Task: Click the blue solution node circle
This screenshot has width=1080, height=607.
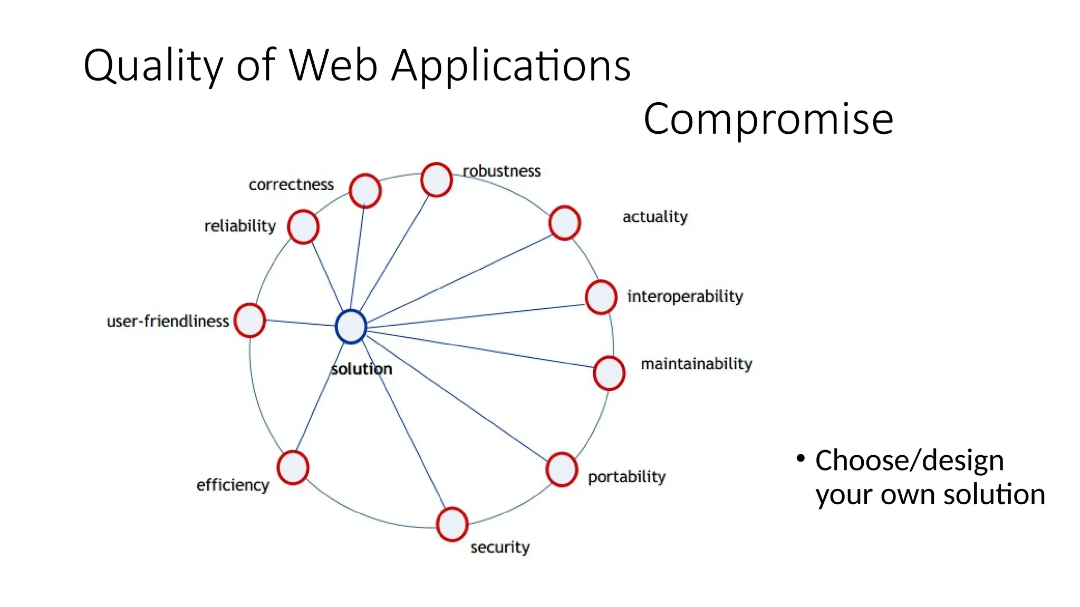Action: (351, 327)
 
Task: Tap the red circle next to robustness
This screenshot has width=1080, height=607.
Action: (436, 180)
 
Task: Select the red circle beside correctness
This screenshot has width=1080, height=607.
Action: (365, 191)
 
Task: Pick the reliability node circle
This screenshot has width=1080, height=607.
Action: (303, 227)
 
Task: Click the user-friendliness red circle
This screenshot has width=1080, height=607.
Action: (249, 320)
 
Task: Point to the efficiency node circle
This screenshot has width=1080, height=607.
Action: (293, 467)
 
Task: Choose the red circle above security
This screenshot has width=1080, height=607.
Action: (452, 524)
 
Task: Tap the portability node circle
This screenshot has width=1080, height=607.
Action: (562, 469)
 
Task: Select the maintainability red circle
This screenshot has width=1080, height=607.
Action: (609, 373)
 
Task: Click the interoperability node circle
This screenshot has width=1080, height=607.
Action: (601, 297)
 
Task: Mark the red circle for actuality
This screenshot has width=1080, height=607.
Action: (564, 223)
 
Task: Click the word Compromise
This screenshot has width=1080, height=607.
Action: (768, 119)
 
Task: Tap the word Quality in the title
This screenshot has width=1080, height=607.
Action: (153, 66)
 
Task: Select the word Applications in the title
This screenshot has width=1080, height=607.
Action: (510, 66)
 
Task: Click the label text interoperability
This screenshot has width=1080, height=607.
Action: (684, 296)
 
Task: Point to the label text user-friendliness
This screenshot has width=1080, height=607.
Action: (167, 321)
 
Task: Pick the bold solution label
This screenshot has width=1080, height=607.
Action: (361, 369)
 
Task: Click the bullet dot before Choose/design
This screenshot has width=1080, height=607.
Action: (801, 458)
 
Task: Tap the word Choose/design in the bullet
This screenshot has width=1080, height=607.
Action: (909, 460)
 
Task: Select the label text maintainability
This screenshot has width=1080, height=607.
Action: (696, 364)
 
